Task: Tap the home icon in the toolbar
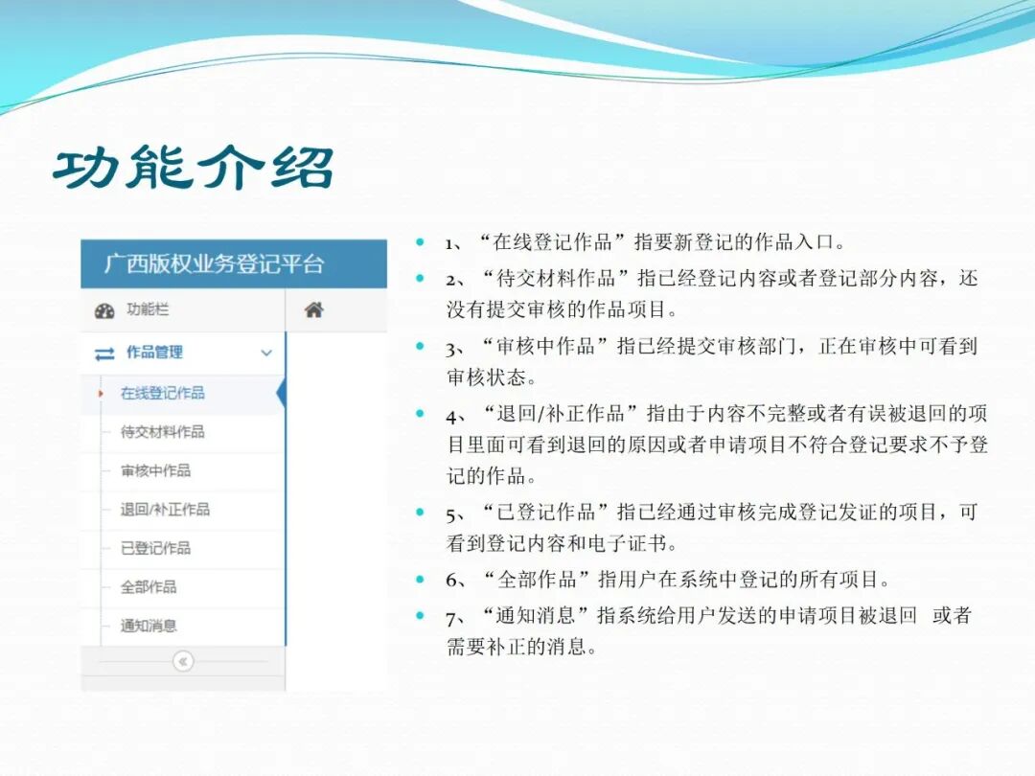coord(313,310)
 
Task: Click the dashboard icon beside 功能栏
coord(104,311)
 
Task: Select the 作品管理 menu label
coord(154,353)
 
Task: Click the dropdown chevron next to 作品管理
coord(266,354)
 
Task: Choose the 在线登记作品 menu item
coord(162,393)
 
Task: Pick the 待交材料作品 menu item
coord(162,432)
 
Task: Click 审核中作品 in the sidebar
coord(155,470)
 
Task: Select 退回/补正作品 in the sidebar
coord(165,509)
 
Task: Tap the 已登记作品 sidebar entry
coord(155,548)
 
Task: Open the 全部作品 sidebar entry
coord(149,586)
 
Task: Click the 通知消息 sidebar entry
coord(149,626)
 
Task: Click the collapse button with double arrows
coord(183,661)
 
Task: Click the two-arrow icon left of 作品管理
coord(104,354)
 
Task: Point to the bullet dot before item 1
coord(420,242)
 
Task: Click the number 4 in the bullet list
coord(451,415)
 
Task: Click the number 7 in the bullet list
coord(451,616)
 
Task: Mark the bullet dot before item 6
coord(420,580)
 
